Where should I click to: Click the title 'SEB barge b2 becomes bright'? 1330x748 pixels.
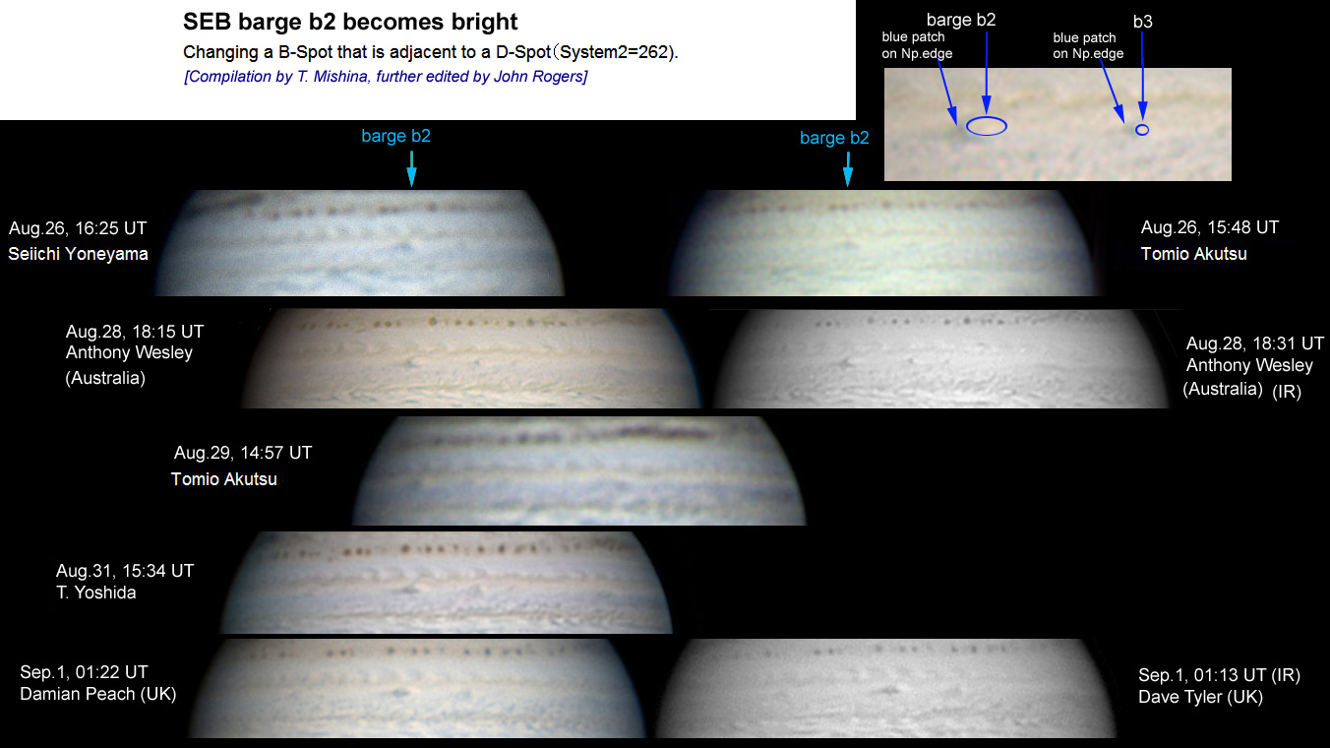tap(350, 22)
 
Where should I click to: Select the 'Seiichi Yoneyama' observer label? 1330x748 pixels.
tap(78, 254)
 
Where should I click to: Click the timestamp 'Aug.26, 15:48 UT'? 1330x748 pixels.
tap(1209, 227)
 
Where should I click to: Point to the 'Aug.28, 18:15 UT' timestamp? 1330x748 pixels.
tap(135, 332)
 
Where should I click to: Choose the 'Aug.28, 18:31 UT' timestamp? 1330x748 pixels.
tap(1254, 343)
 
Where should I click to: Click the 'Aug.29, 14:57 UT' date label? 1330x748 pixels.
tap(243, 453)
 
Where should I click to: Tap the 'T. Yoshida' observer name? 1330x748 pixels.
tap(96, 592)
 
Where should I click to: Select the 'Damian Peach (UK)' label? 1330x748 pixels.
tap(98, 694)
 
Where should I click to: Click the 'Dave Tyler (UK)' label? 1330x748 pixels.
tap(1200, 696)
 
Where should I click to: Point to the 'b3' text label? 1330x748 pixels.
tap(1143, 22)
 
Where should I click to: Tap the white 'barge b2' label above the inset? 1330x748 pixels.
tap(961, 20)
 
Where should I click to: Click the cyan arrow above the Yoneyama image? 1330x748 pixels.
tap(411, 168)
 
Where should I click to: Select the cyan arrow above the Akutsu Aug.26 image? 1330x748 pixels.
tap(848, 169)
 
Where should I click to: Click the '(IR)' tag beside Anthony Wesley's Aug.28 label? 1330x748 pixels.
tap(1287, 391)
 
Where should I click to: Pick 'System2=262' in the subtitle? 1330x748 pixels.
tap(614, 52)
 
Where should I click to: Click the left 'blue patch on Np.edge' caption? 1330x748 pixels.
tap(917, 45)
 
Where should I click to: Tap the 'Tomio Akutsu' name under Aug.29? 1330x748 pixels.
tap(224, 479)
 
